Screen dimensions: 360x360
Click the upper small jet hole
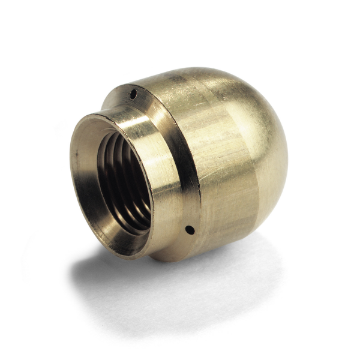tap(134, 94)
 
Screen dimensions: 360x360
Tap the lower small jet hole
tap(189, 229)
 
